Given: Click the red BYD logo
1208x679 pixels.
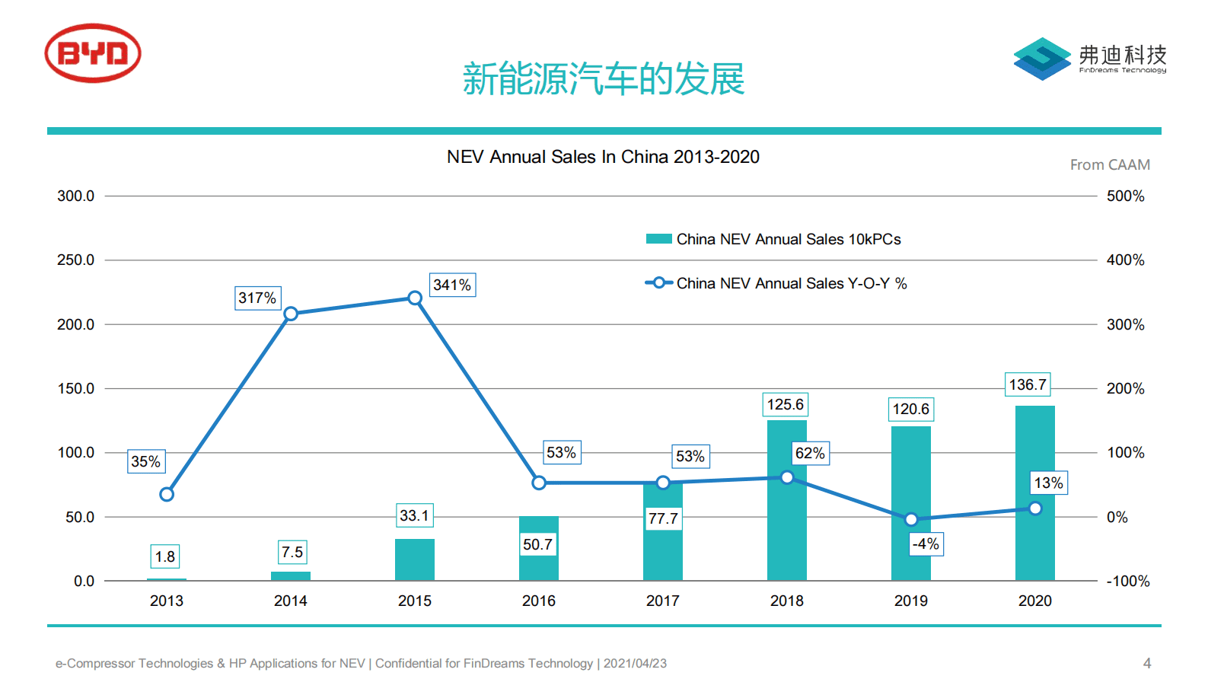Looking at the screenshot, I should tap(93, 53).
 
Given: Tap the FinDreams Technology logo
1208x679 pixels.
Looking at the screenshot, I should tap(1089, 58).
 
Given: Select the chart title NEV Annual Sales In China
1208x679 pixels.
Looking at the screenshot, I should tap(603, 157).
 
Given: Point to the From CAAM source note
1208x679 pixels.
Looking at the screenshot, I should tap(1110, 165).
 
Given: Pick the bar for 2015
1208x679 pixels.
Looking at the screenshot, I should tap(414, 560).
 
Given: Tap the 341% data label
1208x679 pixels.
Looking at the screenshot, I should tap(452, 285).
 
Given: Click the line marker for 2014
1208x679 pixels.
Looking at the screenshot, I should tap(291, 314).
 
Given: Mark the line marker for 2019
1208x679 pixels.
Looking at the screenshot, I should tap(911, 519).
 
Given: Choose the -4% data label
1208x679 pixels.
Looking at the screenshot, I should tap(926, 544).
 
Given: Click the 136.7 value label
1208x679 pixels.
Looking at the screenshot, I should tap(1028, 384).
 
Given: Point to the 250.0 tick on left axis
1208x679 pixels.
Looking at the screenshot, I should tap(75, 260).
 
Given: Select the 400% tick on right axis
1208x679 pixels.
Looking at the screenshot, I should tap(1125, 260).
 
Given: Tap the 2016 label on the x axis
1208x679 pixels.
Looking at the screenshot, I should tap(539, 601).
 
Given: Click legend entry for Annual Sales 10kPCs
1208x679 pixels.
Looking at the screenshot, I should tap(788, 239).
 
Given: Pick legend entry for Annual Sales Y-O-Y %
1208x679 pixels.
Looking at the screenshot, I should tap(791, 283).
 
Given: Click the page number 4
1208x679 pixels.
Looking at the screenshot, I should tap(1147, 663).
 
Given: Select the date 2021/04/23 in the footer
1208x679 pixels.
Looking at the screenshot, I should tap(635, 663).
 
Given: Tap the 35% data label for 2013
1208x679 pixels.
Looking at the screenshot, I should tap(145, 461).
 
